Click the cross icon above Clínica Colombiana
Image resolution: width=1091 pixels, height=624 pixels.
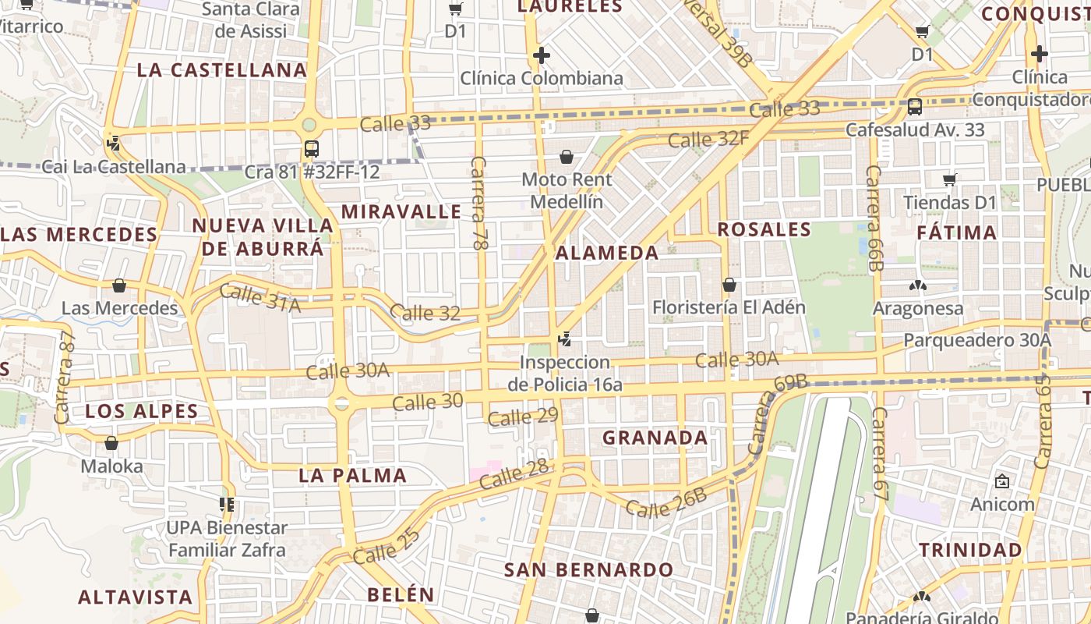542,55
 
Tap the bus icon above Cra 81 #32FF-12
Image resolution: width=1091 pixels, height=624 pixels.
312,148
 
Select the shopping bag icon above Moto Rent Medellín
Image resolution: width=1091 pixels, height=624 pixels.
567,158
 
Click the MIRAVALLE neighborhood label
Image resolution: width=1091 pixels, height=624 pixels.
401,211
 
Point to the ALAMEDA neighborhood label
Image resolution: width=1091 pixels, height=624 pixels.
607,253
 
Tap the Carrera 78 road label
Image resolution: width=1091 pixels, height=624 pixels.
479,203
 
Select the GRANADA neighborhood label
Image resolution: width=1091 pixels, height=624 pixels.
655,438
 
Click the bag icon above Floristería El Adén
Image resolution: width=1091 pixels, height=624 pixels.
729,285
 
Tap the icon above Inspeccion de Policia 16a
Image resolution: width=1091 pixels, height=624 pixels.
565,340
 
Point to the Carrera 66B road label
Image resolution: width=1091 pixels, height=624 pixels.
874,218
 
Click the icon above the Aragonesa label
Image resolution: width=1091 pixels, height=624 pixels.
919,286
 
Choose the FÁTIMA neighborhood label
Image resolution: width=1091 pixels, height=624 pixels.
956,232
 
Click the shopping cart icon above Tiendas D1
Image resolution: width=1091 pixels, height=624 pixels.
949,180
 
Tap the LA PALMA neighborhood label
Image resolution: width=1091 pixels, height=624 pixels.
353,475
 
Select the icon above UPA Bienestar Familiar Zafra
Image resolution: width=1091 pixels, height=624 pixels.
227,505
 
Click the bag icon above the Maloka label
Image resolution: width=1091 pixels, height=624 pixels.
111,443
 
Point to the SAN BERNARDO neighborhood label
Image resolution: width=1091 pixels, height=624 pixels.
588,569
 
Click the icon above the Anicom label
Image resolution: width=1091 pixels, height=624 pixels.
1002,482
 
